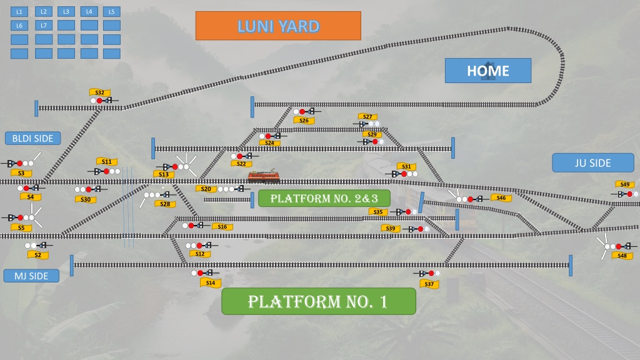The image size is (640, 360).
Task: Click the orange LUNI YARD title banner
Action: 278,26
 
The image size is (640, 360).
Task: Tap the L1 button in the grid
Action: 19,12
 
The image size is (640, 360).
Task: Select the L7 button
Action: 44,25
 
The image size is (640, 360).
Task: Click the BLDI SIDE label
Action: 32,138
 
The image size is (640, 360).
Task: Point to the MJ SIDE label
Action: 31,276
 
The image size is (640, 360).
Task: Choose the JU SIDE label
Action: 592,163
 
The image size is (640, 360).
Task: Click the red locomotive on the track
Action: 264,176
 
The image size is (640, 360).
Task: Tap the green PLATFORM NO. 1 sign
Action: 318,301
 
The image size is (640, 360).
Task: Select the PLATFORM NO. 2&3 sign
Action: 324,198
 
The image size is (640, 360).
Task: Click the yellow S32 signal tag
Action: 100,92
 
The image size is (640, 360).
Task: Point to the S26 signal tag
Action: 304,121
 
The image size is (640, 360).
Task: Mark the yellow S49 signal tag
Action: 625,184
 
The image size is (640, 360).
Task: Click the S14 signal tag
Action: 211,282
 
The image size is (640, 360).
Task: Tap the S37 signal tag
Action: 429,284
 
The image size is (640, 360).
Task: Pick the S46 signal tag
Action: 501,197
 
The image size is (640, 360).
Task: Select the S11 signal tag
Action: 107,161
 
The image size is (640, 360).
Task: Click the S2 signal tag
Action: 38,255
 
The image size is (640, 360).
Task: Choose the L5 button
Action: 111,12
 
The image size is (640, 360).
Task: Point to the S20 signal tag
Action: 206,189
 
